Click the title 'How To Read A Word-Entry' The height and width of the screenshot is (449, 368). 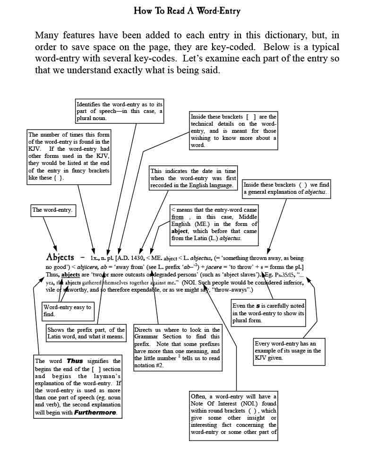pos(187,11)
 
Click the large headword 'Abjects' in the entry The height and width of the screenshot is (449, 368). pos(60,258)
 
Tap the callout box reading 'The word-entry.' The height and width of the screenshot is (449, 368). pos(52,210)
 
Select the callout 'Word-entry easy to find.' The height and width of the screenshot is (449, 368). pos(67,311)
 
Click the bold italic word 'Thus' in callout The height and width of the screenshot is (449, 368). pos(75,361)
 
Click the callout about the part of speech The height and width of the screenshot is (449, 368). pos(106,111)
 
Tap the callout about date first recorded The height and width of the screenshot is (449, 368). pos(193,178)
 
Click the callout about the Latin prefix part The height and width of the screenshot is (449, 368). pos(86,333)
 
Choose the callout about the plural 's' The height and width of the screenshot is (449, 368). pos(268,313)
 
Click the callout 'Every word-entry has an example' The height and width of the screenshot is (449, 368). pos(289,351)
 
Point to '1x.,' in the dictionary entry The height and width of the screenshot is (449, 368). pos(96,259)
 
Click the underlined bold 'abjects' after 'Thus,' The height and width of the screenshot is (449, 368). pos(70,275)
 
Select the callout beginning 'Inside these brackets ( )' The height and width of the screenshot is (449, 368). pos(286,188)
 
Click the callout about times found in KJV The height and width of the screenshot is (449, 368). pos(69,156)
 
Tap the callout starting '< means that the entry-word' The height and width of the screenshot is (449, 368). pos(214,224)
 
